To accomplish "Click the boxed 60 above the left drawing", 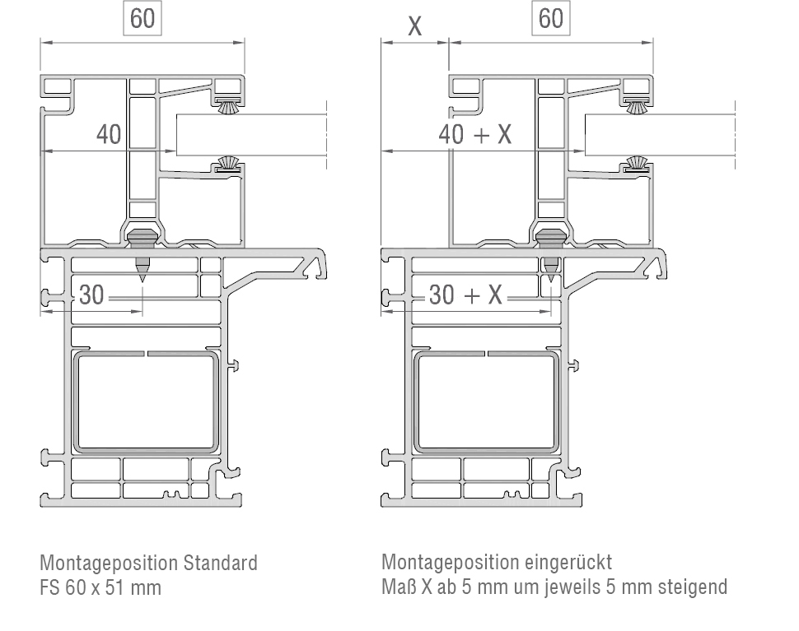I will pos(143,18).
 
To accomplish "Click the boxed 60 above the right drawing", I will pos(551,18).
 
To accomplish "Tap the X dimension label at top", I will pos(414,26).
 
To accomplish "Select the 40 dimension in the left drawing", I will pos(109,133).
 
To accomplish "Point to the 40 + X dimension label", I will pos(475,134).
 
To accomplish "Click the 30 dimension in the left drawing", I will pos(92,294).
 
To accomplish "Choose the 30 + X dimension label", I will pos(465,295).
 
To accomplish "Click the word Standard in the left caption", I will pos(220,564).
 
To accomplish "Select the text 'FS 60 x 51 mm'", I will pos(100,587).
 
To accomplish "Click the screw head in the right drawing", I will pos(549,238).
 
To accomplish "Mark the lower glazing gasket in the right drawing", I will pos(635,162).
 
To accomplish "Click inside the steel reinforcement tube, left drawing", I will pos(148,403).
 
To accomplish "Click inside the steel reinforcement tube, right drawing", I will pos(488,403).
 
